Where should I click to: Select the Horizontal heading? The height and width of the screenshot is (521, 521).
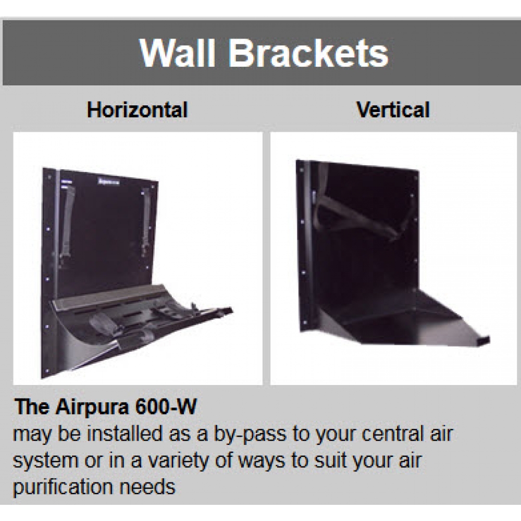click(138, 110)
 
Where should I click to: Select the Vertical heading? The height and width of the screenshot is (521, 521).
click(393, 110)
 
